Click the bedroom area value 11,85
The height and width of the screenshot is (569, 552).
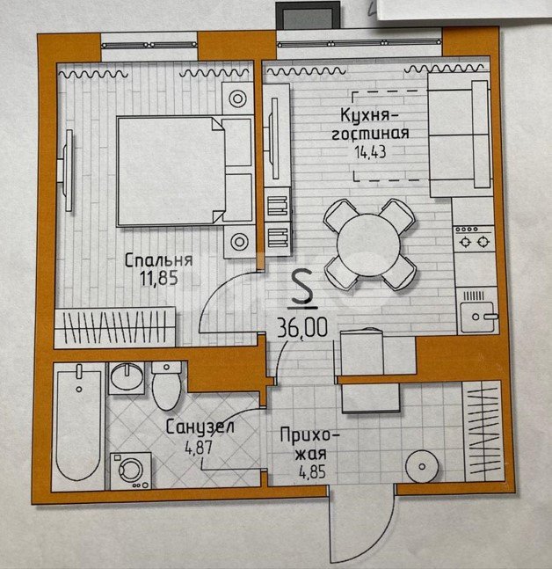click(x=159, y=279)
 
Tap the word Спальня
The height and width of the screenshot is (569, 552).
click(x=158, y=260)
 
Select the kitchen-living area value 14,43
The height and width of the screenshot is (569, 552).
click(x=370, y=151)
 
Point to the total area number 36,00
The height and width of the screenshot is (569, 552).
click(x=302, y=327)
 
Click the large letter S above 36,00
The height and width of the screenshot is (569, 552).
click(x=302, y=287)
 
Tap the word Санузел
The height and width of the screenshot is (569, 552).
click(x=200, y=427)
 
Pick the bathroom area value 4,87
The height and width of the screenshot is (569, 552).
click(x=198, y=448)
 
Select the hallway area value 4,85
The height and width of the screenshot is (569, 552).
click(x=312, y=472)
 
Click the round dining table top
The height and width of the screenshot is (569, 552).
click(x=368, y=244)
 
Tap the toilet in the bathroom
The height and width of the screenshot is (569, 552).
click(x=166, y=385)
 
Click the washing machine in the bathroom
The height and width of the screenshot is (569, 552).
click(x=131, y=471)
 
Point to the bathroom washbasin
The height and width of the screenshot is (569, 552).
click(x=127, y=377)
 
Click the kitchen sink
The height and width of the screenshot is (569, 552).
click(x=477, y=311)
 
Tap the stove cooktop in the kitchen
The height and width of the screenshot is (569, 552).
click(x=473, y=237)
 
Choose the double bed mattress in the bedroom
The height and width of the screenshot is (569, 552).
click(x=171, y=171)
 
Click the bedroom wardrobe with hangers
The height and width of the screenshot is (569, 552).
click(x=115, y=328)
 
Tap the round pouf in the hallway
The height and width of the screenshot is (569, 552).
click(x=422, y=466)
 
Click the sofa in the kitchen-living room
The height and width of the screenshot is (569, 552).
click(x=459, y=135)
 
